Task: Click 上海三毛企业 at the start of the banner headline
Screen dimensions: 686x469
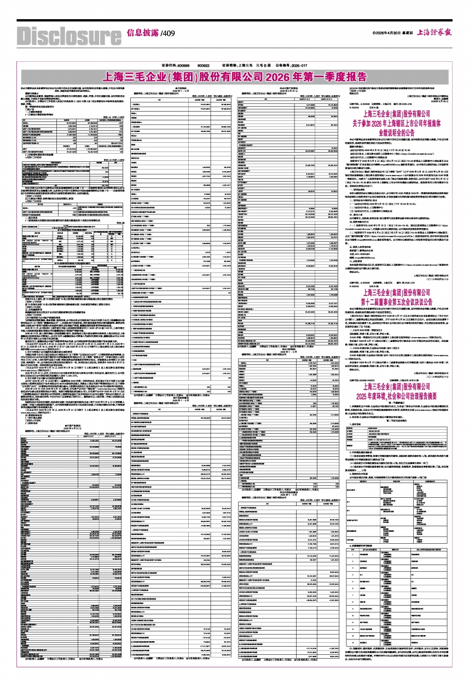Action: click(x=134, y=74)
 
